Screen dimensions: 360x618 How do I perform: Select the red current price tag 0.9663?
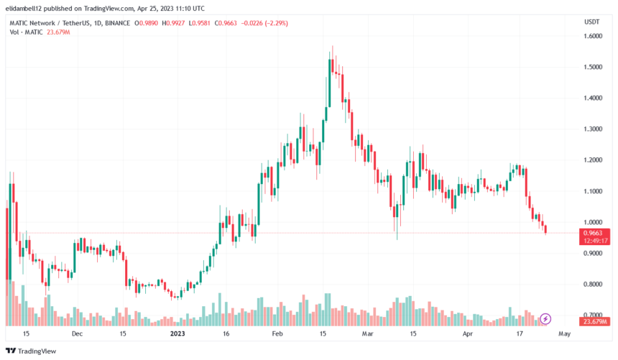point(594,232)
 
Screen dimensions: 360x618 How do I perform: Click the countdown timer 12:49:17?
point(594,241)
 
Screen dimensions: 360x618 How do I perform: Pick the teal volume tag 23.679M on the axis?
point(594,321)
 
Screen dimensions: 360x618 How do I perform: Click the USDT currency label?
point(591,22)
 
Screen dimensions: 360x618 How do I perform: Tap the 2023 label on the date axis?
point(177,333)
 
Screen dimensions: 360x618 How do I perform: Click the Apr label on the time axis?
point(468,333)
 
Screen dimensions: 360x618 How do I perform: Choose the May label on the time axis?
point(564,333)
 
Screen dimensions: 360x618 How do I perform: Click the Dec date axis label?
point(77,333)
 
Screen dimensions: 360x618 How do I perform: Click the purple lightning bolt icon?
point(545,318)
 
